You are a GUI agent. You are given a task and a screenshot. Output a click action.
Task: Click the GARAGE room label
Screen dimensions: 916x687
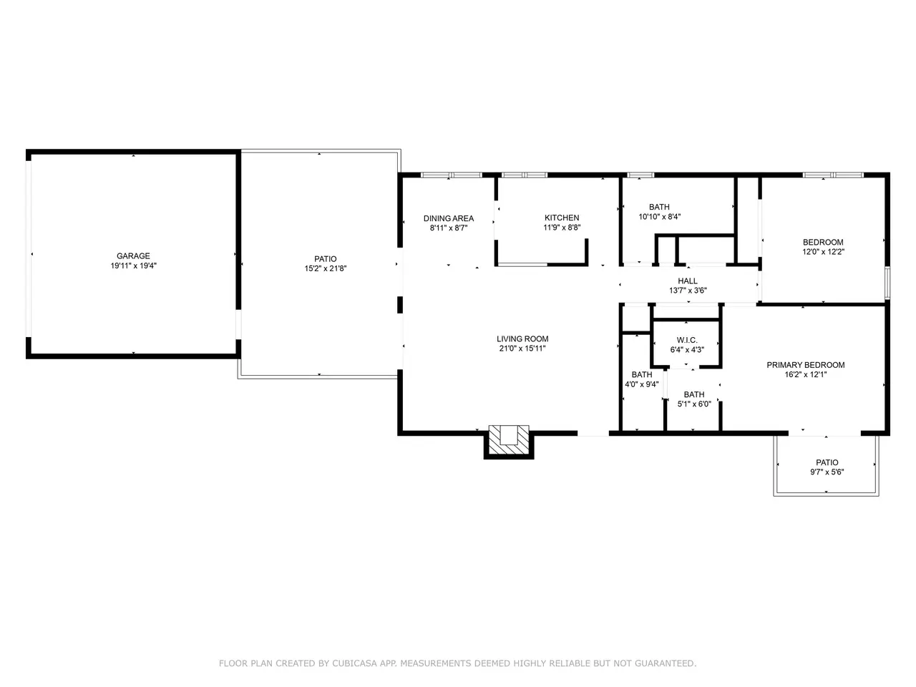tap(133, 255)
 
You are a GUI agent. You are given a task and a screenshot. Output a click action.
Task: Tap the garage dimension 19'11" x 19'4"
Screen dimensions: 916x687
tap(133, 265)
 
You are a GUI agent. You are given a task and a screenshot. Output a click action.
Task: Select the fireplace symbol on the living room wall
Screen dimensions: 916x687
tap(508, 441)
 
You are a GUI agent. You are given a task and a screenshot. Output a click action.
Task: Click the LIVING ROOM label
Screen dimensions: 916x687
tap(522, 338)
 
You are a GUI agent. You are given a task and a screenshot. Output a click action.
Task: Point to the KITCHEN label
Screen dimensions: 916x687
tap(562, 218)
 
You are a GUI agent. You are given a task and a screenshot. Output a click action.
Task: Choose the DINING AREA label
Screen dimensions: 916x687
tap(449, 218)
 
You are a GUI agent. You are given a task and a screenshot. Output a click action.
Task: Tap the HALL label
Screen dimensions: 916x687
tap(688, 281)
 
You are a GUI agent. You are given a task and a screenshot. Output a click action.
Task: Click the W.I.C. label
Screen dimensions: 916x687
tap(687, 340)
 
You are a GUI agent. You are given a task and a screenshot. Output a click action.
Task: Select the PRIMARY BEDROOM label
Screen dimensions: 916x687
tap(805, 365)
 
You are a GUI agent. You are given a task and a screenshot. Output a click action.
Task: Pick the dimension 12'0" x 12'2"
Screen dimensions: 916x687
tap(823, 251)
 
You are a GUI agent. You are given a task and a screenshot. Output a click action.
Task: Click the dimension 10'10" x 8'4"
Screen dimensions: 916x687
tap(659, 217)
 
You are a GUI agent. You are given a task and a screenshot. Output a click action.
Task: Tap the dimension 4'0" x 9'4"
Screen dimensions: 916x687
tap(641, 384)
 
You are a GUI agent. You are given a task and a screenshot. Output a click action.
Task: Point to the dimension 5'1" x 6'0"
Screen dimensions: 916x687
tap(694, 404)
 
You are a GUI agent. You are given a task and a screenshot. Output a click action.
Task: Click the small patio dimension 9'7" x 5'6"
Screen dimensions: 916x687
tap(827, 472)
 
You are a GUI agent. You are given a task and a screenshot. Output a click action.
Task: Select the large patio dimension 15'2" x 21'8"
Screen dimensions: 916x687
tap(325, 268)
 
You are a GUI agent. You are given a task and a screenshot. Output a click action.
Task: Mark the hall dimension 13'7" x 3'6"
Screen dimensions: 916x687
tap(688, 291)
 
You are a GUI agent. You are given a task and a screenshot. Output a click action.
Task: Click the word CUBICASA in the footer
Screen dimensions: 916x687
tap(355, 663)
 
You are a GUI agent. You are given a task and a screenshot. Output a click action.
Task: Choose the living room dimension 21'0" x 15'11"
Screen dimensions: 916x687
tap(522, 349)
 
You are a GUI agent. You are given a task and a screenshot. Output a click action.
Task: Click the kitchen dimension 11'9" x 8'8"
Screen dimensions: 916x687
tap(562, 228)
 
